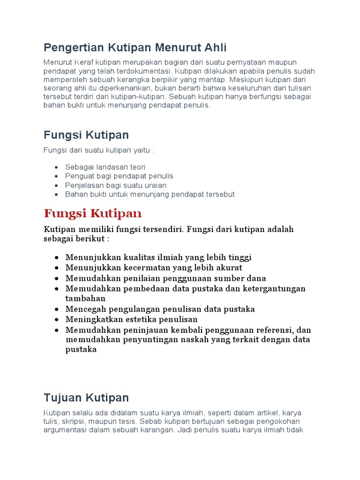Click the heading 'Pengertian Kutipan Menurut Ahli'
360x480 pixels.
[x=135, y=47]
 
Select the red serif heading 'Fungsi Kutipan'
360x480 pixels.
[x=92, y=214]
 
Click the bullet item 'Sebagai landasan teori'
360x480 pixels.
[x=105, y=167]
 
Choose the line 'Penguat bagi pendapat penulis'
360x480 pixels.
[x=119, y=176]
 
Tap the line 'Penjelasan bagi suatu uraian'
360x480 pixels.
[x=116, y=185]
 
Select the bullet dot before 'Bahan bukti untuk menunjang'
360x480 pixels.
[x=56, y=195]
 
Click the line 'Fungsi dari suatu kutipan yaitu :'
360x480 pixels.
[x=98, y=150]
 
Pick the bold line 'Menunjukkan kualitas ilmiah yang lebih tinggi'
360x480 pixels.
[x=158, y=257]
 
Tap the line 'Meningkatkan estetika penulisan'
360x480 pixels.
[x=132, y=320]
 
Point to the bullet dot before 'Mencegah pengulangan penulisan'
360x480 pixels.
[x=56, y=309]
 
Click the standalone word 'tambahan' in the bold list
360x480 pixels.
[x=85, y=298]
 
